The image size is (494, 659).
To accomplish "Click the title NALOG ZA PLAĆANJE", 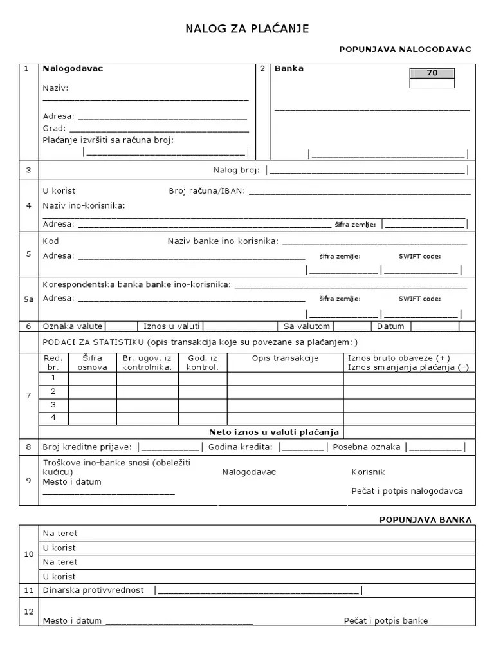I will coord(248,28).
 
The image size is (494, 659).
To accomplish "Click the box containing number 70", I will coord(432,73).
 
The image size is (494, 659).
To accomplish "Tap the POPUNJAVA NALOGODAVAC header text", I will coord(405,50).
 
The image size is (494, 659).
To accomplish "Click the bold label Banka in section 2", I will coord(289,68).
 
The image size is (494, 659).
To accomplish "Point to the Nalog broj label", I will coord(236,170).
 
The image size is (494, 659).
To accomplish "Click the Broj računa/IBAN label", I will coord(206,191).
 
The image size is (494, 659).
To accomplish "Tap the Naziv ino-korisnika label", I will coord(84,205).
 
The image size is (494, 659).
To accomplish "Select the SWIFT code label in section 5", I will coord(419,256).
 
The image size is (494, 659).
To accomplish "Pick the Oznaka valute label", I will coord(73,326).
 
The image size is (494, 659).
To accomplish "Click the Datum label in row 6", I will coord(390,326).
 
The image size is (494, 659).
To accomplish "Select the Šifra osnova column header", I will coord(92,363).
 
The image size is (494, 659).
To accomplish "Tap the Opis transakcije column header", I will coord(285,358).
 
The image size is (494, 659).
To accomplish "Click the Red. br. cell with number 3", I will coord(53,405).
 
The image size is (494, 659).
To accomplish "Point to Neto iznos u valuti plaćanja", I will coord(274,432).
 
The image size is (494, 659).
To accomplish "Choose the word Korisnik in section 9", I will coord(369,472).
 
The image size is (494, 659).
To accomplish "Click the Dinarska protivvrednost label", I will coord(93,590).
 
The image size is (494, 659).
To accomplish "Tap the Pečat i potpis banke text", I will coord(385,621).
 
